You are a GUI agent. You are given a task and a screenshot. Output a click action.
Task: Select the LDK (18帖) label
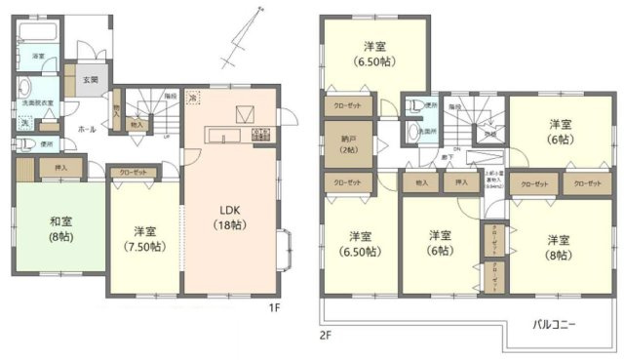[x=230, y=216]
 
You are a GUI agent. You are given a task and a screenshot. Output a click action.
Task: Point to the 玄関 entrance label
[x=90, y=79]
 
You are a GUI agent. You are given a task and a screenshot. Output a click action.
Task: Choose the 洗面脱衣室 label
[x=33, y=100]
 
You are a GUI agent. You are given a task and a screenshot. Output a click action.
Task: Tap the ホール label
[x=60, y=127]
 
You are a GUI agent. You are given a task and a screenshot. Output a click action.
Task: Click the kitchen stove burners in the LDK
[x=261, y=136]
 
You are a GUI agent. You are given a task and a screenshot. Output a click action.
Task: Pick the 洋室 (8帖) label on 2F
[x=558, y=246]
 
